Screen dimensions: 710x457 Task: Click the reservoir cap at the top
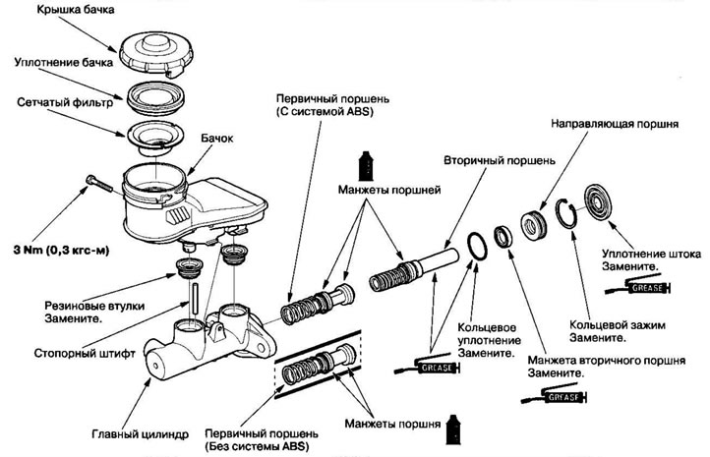click(156, 51)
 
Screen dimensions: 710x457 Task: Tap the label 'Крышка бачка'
click(76, 10)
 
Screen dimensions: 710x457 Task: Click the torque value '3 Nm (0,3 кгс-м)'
click(62, 250)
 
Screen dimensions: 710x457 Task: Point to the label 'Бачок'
click(217, 138)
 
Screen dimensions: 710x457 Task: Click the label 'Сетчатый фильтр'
click(65, 103)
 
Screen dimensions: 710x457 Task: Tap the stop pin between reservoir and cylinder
click(195, 298)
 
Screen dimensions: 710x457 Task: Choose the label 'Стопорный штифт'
click(85, 353)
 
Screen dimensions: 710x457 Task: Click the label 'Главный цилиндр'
click(140, 434)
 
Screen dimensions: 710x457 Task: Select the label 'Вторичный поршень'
click(500, 161)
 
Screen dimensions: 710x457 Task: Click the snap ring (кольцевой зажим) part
click(566, 212)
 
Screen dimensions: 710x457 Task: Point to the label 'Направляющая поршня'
click(615, 124)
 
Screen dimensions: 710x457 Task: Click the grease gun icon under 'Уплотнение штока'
click(638, 287)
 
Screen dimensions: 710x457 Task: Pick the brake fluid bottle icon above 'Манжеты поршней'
click(367, 165)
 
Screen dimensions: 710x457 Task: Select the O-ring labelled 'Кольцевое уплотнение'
click(477, 246)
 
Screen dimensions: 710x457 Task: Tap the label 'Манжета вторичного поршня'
click(607, 361)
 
